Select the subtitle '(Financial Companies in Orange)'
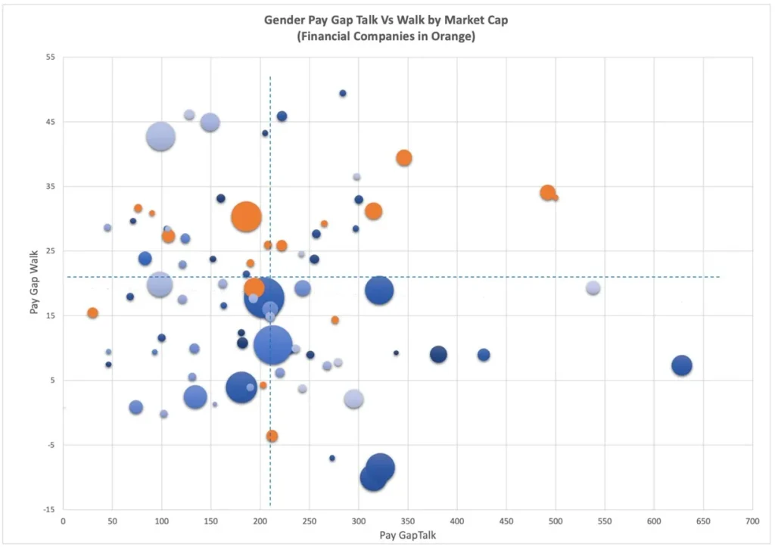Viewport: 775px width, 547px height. pos(386,36)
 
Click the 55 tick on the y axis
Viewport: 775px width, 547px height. pos(50,57)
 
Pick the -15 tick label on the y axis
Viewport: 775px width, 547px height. pos(49,509)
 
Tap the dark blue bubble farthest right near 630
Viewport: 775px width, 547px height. pos(682,365)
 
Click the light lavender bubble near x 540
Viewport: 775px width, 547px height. pos(593,288)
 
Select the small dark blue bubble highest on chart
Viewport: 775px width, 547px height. pos(343,93)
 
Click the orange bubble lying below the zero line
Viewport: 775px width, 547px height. pos(272,436)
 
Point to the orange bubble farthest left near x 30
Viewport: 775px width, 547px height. pos(92,313)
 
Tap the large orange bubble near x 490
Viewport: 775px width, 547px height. pos(548,193)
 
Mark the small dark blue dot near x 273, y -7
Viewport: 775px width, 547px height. pos(332,458)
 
